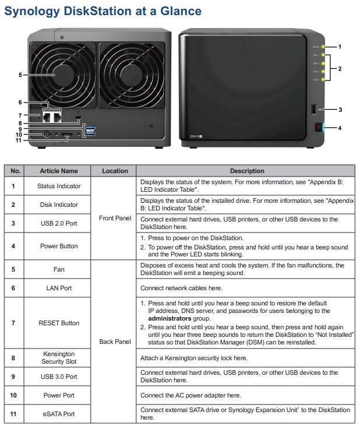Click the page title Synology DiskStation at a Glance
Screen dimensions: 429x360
coord(103,10)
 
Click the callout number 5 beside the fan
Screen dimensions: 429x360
coord(20,75)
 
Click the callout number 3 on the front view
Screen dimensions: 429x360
coord(340,109)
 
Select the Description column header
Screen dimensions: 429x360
coord(246,171)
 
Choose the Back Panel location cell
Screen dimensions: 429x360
coord(115,341)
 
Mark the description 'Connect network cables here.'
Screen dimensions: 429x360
coord(181,288)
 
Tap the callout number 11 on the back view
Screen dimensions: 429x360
coord(19,140)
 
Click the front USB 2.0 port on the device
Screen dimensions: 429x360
coord(315,109)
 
